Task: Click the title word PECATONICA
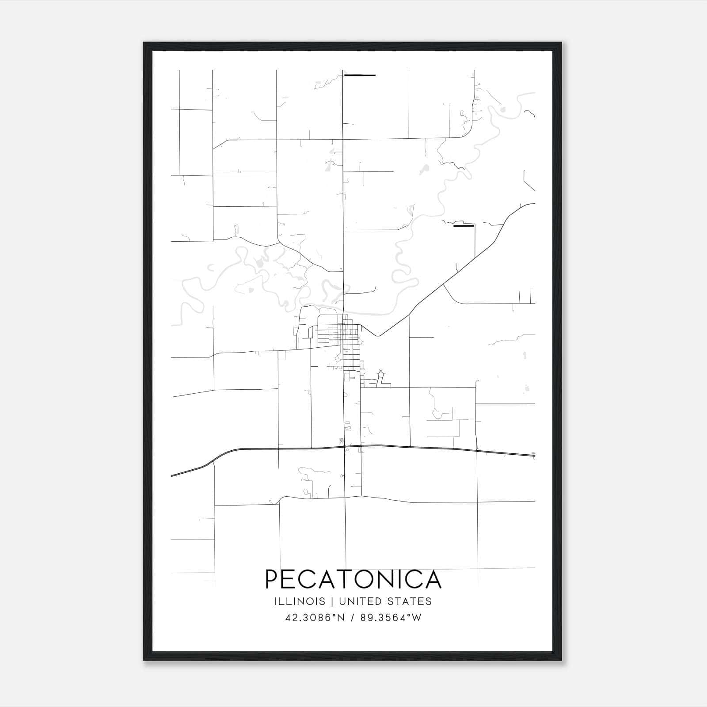[353, 579]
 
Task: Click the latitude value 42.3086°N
[315, 618]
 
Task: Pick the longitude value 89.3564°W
[391, 618]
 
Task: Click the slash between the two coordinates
[353, 618]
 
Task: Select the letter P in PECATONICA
[273, 579]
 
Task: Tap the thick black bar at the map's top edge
[360, 76]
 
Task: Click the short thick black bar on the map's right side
[464, 226]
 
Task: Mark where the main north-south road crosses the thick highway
[345, 447]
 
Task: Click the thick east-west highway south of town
[442, 449]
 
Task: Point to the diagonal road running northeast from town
[442, 287]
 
